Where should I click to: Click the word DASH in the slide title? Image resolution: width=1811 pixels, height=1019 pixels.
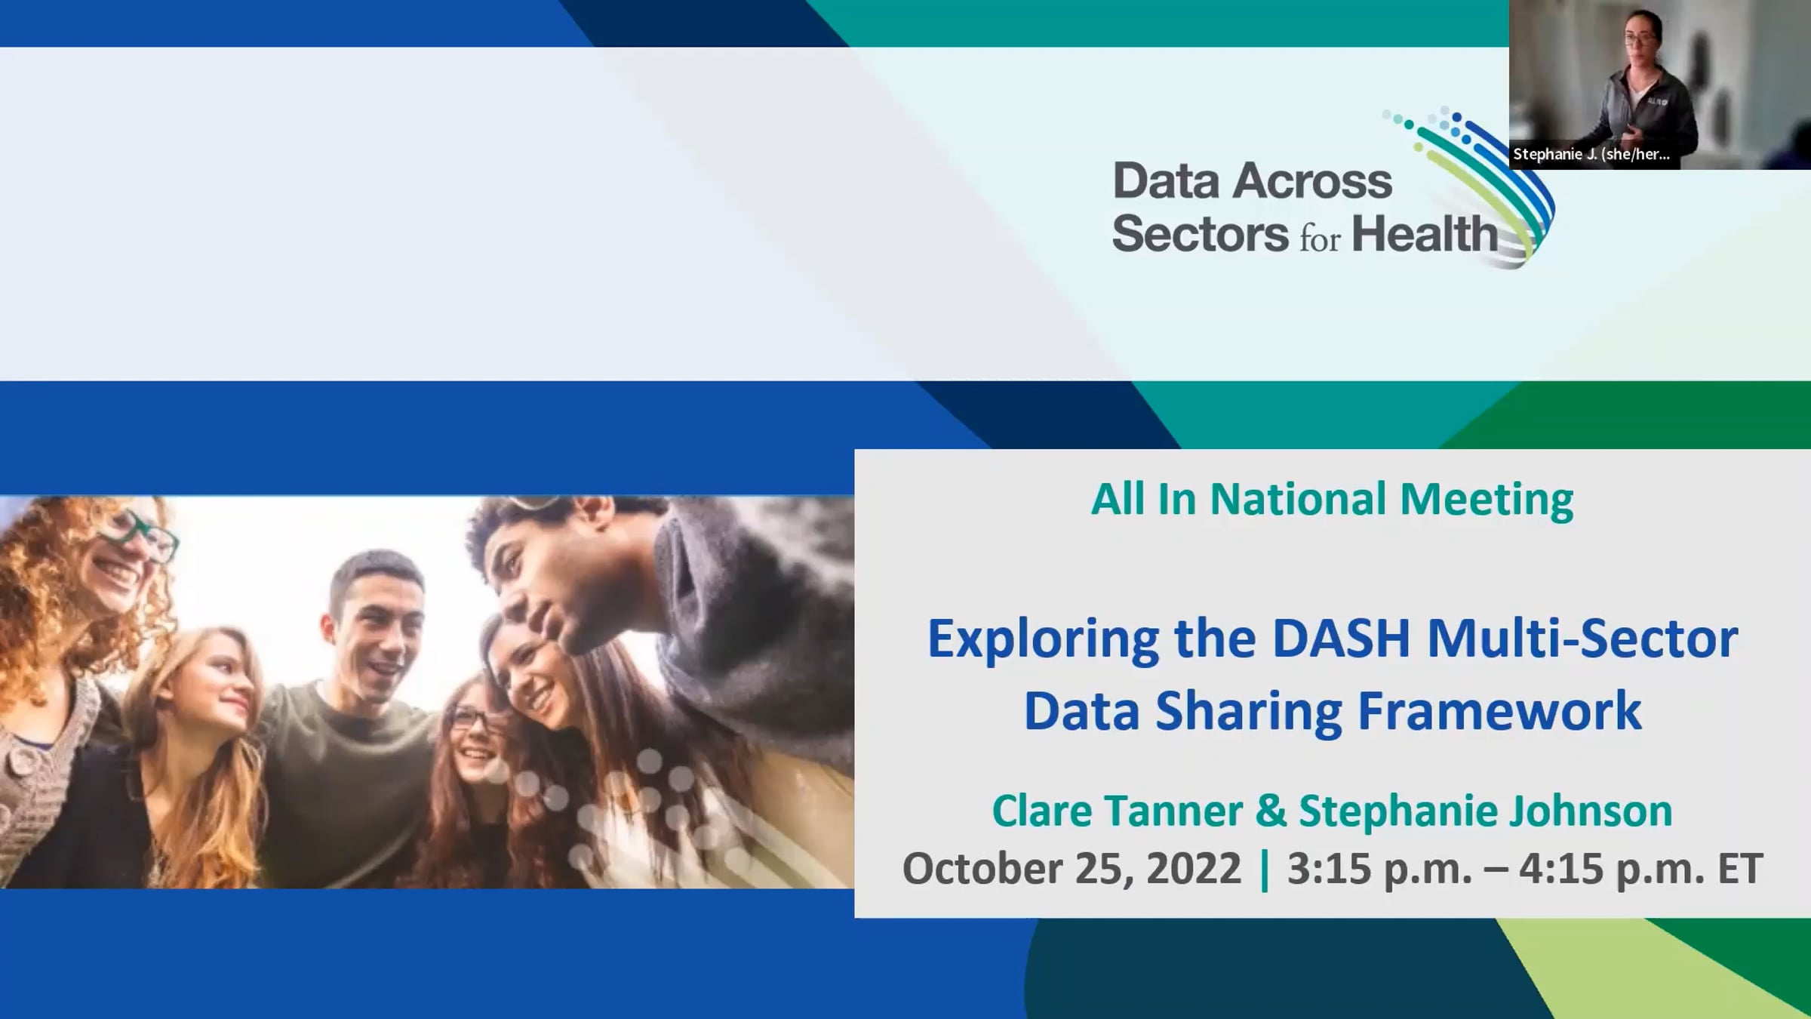tap(1341, 639)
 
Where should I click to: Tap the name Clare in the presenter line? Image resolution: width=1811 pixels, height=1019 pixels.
tap(1041, 811)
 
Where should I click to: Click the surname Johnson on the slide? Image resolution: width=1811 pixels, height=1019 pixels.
tap(1590, 811)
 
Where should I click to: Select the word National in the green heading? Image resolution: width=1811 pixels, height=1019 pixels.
tap(1298, 499)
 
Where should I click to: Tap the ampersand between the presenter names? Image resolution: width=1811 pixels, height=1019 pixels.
tap(1270, 811)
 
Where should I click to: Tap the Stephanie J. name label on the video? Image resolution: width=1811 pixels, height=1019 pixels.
tap(1591, 155)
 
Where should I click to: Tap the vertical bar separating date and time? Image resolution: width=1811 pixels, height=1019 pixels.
tap(1265, 870)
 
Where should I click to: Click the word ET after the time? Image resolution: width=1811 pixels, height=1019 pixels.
tap(1740, 869)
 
